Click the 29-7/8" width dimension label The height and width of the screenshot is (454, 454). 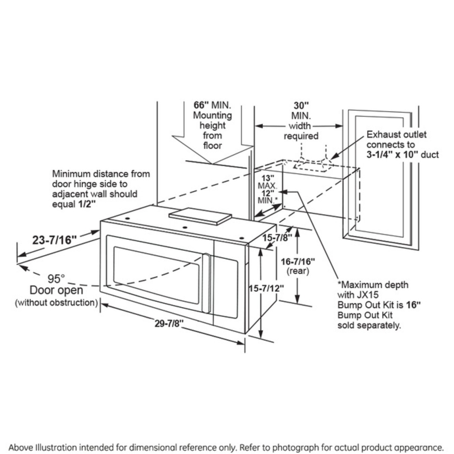[169, 323]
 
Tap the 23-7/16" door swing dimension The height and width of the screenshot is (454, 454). [54, 240]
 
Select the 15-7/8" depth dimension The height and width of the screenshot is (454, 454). [277, 238]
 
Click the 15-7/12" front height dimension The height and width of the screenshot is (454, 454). [266, 288]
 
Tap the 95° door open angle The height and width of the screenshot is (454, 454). [56, 279]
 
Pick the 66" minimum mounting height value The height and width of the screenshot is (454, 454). [201, 106]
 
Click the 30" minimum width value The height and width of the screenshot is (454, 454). [301, 106]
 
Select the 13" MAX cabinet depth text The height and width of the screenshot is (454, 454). [267, 181]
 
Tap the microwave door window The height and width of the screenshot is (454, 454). [155, 275]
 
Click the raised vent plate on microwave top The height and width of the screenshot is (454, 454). [200, 216]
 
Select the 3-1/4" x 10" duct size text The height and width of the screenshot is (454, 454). [403, 155]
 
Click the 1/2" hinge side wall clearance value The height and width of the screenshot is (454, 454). [89, 204]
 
